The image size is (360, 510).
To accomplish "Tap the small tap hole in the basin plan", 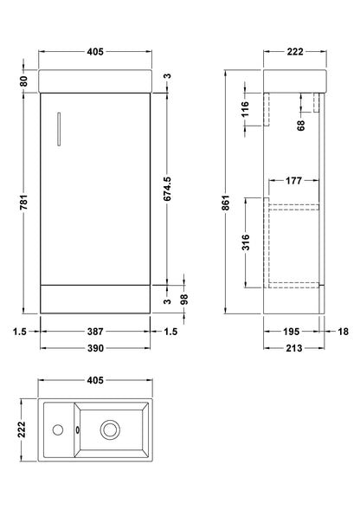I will (57, 428).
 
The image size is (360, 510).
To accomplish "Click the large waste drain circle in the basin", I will (111, 428).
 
